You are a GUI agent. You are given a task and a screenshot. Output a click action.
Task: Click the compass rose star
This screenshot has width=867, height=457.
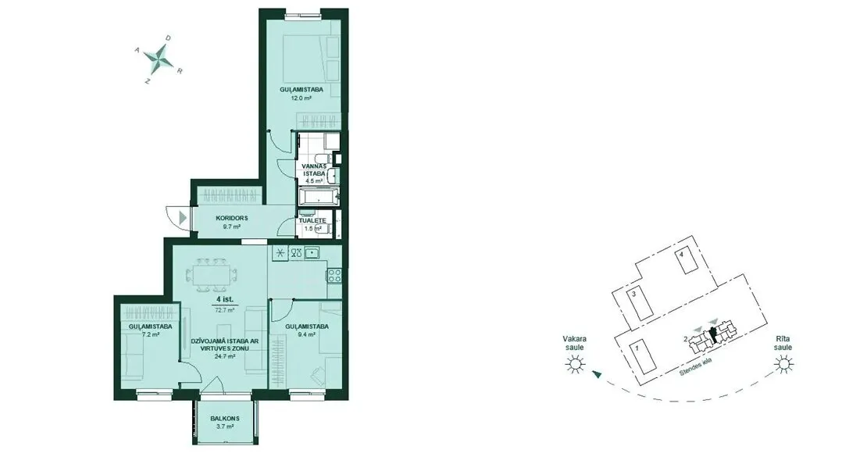pyautogui.click(x=159, y=57)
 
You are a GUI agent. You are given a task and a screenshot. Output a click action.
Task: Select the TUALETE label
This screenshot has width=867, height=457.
pyautogui.click(x=313, y=220)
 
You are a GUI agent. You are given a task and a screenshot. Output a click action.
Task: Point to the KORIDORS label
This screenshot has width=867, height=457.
pyautogui.click(x=232, y=218)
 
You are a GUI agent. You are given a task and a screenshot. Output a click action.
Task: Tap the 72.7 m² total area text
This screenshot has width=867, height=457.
pyautogui.click(x=224, y=310)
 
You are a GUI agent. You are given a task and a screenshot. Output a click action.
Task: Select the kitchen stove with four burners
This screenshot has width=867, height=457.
pyautogui.click(x=334, y=275)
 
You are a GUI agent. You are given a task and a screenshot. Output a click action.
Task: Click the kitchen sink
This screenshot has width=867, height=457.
pyautogui.click(x=312, y=253)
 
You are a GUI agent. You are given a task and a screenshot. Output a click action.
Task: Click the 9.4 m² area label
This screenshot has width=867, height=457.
pyautogui.click(x=307, y=334)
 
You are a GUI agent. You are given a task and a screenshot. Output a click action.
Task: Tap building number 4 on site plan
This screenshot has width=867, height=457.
pyautogui.click(x=683, y=255)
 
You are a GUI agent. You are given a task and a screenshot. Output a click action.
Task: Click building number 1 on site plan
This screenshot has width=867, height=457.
pyautogui.click(x=637, y=348)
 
